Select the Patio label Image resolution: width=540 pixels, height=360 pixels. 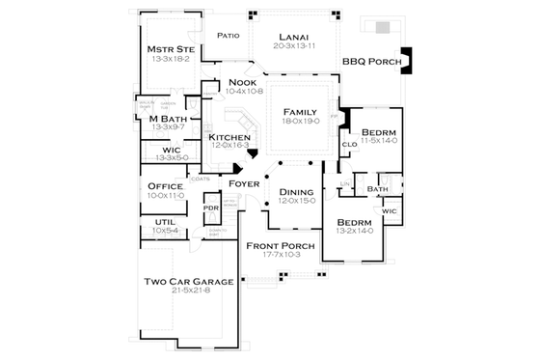228,35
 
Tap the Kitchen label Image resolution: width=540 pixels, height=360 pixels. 229,138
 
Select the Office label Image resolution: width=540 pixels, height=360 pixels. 165,185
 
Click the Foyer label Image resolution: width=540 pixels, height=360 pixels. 245,183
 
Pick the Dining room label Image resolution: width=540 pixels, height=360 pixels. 296,191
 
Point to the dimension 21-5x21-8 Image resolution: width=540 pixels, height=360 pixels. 188,291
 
